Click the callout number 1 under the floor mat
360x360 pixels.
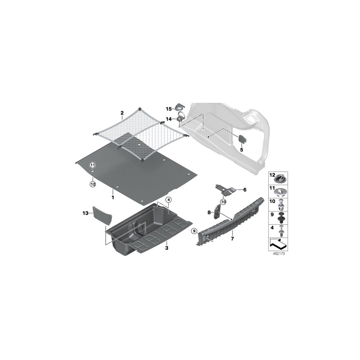113,197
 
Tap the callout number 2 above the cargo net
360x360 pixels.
122,113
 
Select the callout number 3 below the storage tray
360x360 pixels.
166,248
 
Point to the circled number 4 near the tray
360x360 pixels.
168,200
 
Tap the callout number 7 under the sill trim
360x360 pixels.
232,238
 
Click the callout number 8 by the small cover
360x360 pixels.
208,212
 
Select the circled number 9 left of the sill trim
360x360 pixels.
194,231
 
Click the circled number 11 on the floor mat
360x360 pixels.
92,165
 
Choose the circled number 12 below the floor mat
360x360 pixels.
92,184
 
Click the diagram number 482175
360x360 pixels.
278,253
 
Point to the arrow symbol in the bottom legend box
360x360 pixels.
278,242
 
